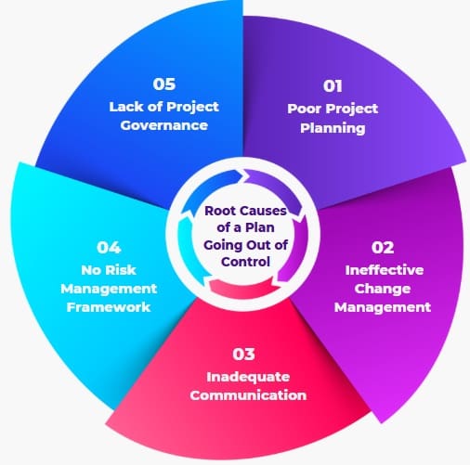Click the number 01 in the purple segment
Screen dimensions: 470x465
pyautogui.click(x=333, y=86)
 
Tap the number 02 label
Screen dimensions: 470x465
pyautogui.click(x=383, y=248)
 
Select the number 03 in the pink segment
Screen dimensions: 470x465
pyautogui.click(x=243, y=354)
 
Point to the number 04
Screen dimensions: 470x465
pyautogui.click(x=109, y=248)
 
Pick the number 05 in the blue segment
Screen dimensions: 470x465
pyautogui.click(x=164, y=84)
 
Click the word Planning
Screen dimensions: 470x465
pyautogui.click(x=333, y=128)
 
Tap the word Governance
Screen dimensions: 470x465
pyautogui.click(x=164, y=125)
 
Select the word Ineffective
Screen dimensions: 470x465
pyautogui.click(x=385, y=270)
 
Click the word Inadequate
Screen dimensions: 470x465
pyautogui.click(x=248, y=377)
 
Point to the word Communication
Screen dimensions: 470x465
pyautogui.click(x=248, y=395)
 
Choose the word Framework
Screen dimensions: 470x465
pyautogui.click(x=109, y=307)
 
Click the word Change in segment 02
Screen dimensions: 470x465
pyautogui.click(x=383, y=290)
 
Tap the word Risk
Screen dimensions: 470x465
pyautogui.click(x=122, y=270)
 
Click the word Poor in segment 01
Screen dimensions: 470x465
pyautogui.click(x=305, y=109)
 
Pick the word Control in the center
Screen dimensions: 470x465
pyautogui.click(x=245, y=262)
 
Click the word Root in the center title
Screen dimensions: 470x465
pyautogui.click(x=218, y=211)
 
